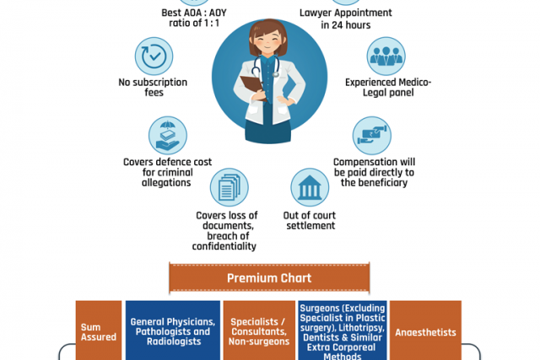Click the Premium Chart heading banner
pos(268,277)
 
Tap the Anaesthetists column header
pos(424,331)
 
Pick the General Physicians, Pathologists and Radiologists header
pos(172,331)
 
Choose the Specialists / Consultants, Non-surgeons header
pos(258,331)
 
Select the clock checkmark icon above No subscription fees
pos(154,56)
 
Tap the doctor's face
pos(269,39)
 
